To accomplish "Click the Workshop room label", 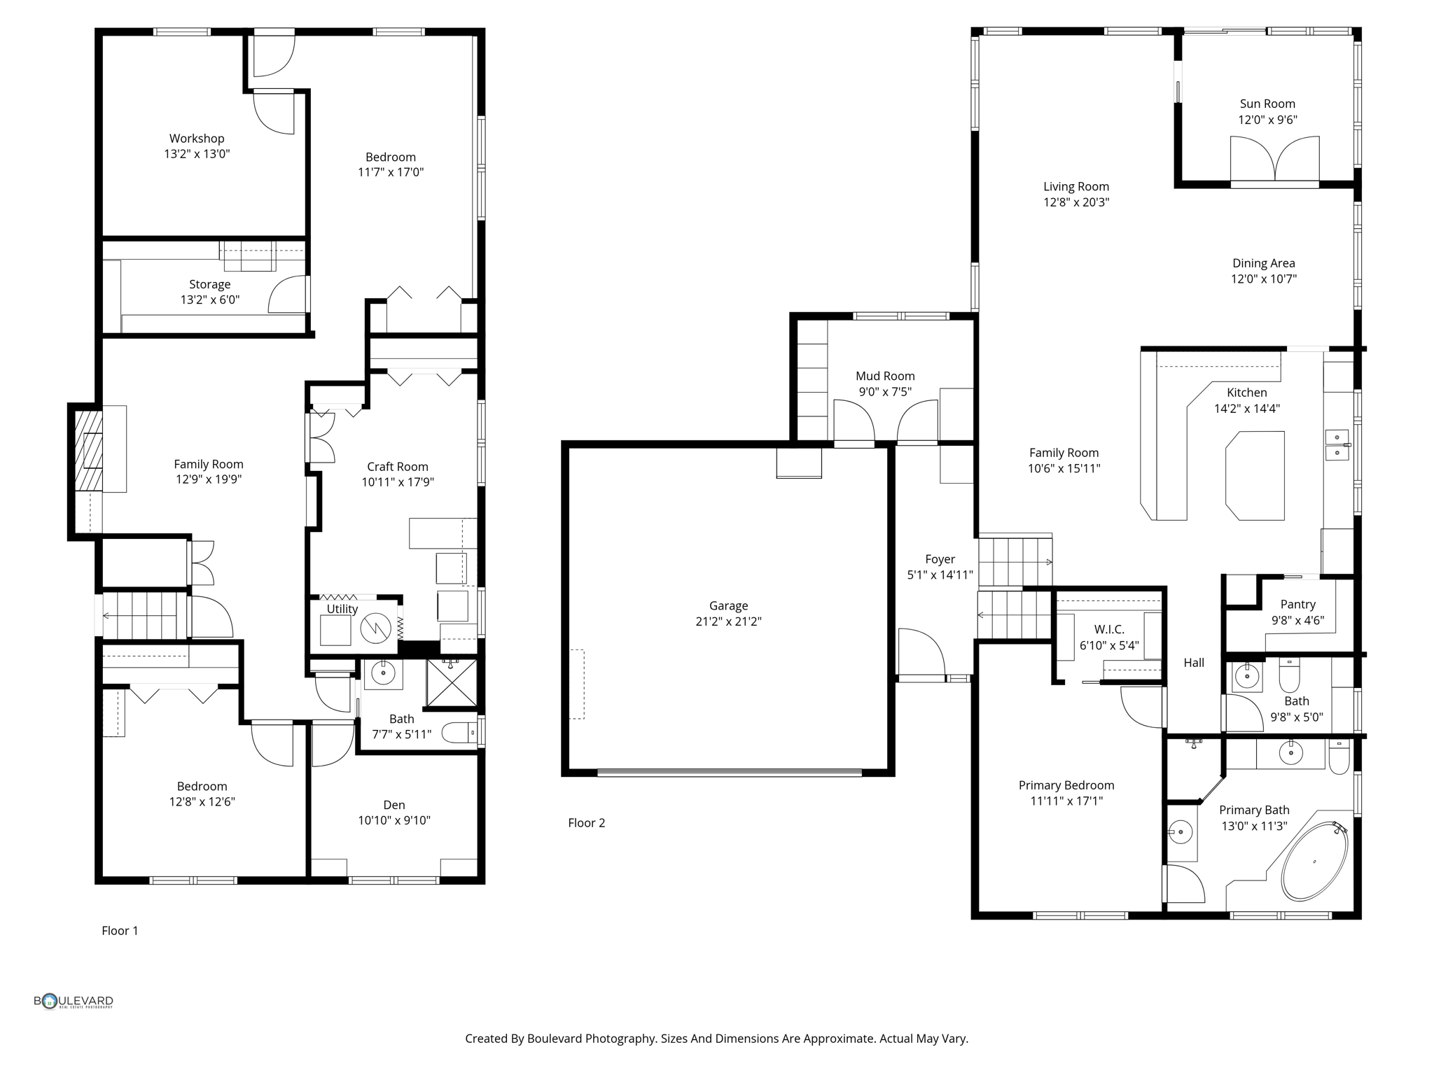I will pyautogui.click(x=197, y=139).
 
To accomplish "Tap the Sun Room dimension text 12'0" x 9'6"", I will pyautogui.click(x=1267, y=120).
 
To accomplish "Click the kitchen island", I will pyautogui.click(x=1255, y=475).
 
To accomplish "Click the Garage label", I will pyautogui.click(x=728, y=605).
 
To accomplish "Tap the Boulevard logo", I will pyautogui.click(x=74, y=1002).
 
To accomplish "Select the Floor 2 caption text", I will pyautogui.click(x=586, y=823).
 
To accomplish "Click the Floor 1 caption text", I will pyautogui.click(x=120, y=931).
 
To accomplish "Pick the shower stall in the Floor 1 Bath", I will pyautogui.click(x=452, y=682).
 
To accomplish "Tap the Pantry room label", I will pyautogui.click(x=1297, y=604).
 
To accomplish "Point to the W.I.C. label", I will pyautogui.click(x=1109, y=629).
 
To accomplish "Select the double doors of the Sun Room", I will pyautogui.click(x=1274, y=160).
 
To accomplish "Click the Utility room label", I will pyautogui.click(x=342, y=609).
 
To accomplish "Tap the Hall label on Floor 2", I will pyautogui.click(x=1194, y=663).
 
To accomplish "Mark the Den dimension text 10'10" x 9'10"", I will pyautogui.click(x=394, y=820).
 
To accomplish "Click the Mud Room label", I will pyautogui.click(x=885, y=376).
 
